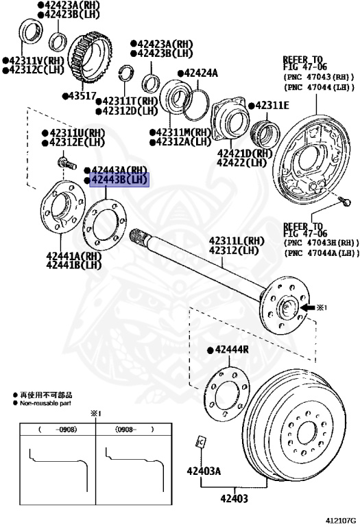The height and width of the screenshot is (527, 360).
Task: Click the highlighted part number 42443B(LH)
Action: click(x=119, y=180)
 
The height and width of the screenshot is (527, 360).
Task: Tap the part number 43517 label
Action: click(x=82, y=96)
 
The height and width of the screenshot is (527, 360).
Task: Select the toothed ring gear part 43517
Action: click(x=90, y=59)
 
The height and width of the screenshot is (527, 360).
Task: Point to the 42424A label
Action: click(x=201, y=73)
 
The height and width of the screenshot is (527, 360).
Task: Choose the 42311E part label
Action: click(x=272, y=106)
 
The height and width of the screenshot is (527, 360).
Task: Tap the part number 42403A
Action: click(x=204, y=471)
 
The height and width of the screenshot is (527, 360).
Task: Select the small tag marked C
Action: click(x=201, y=441)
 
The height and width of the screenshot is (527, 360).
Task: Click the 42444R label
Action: click(x=232, y=349)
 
